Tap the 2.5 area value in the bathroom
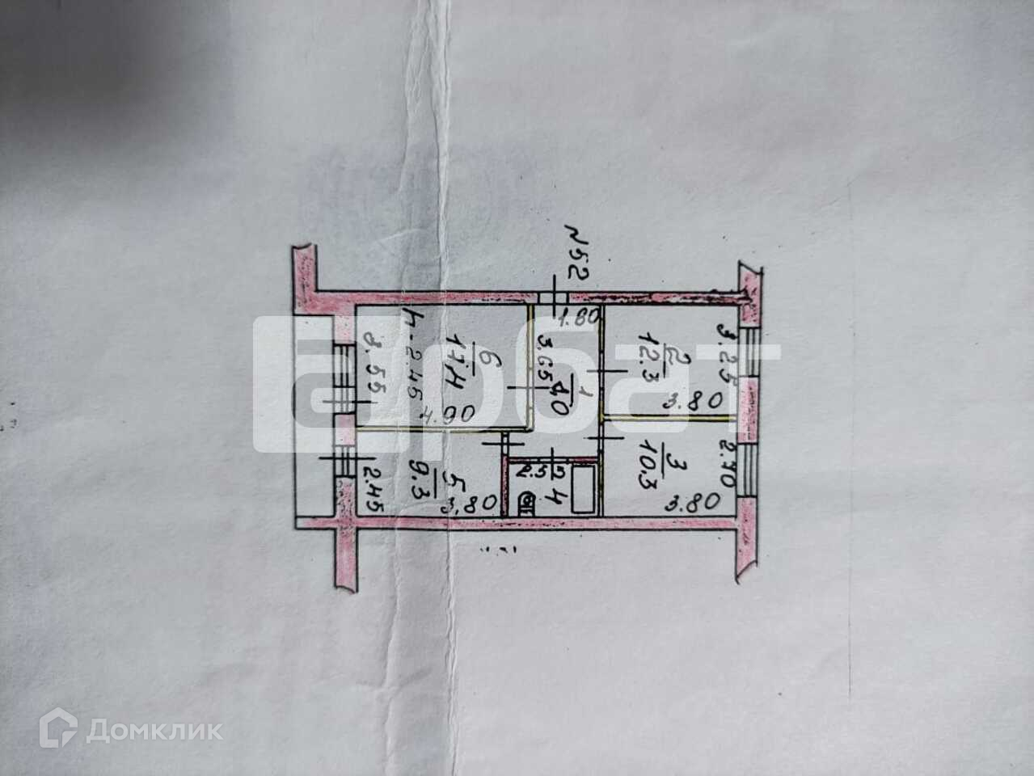[x=529, y=469]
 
